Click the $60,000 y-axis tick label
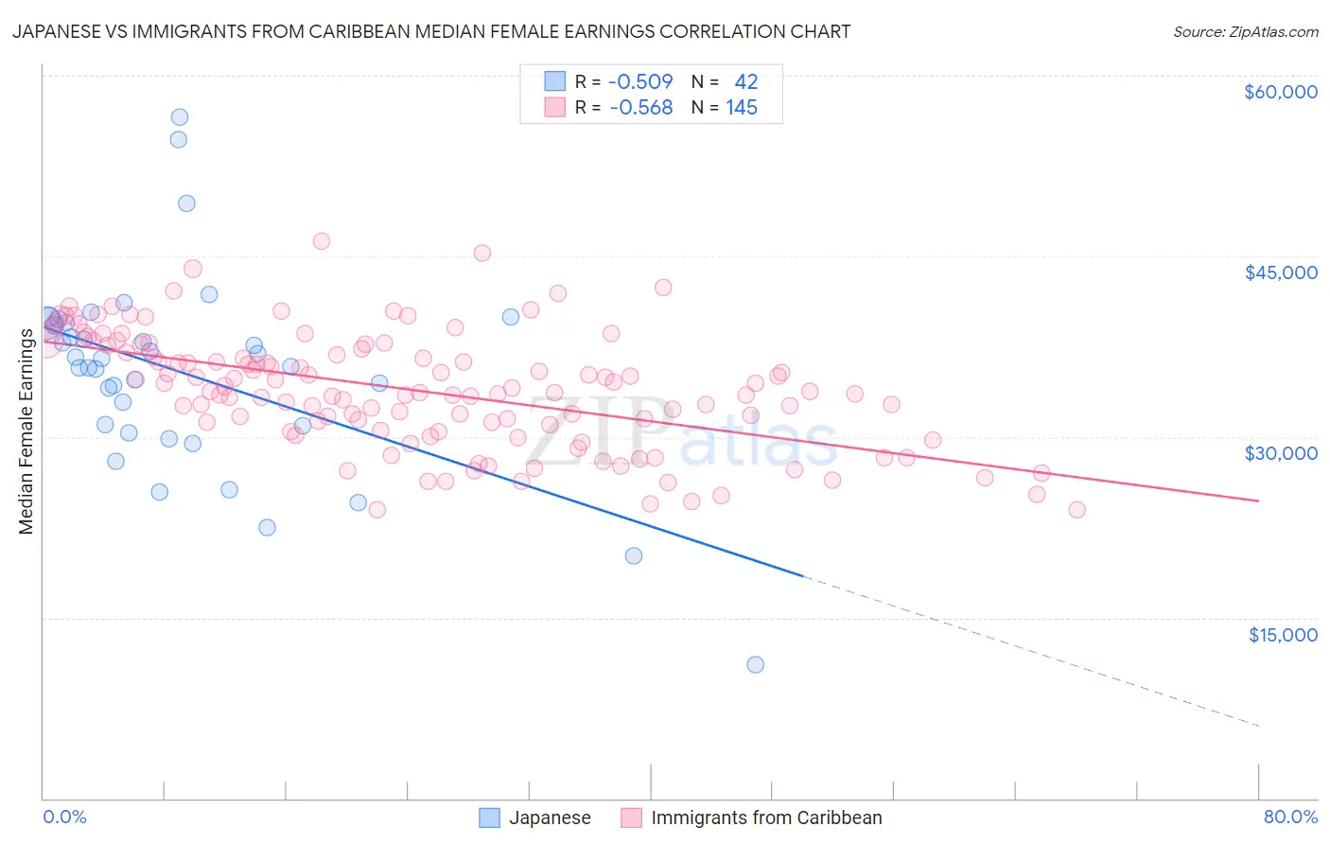(x=1280, y=92)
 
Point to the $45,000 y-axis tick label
(x=1280, y=273)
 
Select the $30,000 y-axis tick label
(x=1280, y=453)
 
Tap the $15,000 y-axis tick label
(x=1282, y=635)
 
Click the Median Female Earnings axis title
(x=26, y=431)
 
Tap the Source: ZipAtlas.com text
(x=1245, y=32)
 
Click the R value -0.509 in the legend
(x=640, y=82)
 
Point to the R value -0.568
(x=640, y=108)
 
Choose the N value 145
(x=742, y=108)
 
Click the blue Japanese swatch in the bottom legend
(x=489, y=818)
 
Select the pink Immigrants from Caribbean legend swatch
(x=631, y=818)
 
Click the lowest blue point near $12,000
(x=755, y=664)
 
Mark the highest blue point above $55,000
(x=179, y=117)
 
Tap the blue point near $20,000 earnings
(x=634, y=555)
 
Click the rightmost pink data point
(x=1076, y=510)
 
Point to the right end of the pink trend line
(x=1259, y=501)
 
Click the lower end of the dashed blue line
(x=1259, y=726)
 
